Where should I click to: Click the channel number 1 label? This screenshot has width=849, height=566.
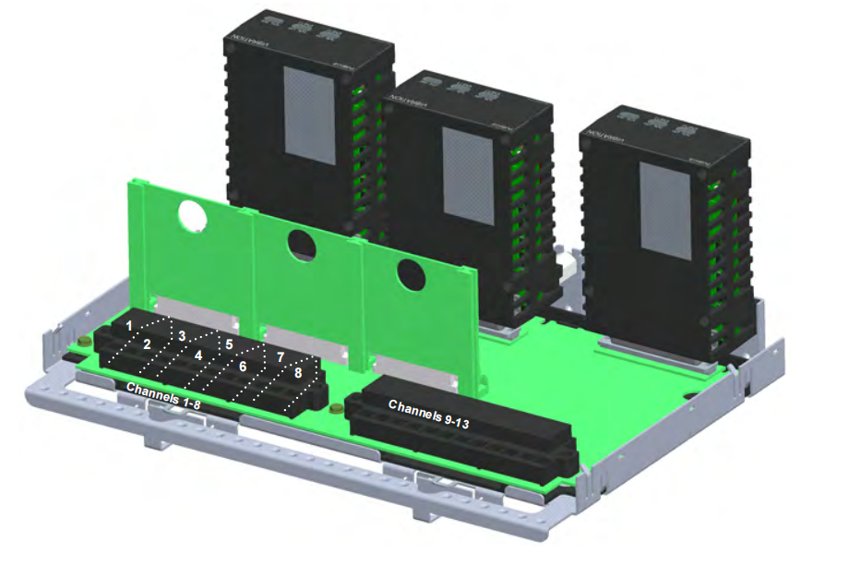(x=130, y=326)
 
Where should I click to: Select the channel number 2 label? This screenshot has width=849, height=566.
(x=147, y=344)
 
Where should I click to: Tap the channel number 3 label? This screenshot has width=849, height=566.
(x=183, y=335)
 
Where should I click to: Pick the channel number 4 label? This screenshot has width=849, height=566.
(x=197, y=355)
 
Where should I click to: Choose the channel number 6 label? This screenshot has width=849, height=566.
(x=244, y=367)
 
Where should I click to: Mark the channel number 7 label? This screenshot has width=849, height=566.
(x=281, y=356)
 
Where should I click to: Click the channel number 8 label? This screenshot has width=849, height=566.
(x=297, y=373)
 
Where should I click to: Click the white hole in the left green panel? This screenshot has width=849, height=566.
(x=193, y=215)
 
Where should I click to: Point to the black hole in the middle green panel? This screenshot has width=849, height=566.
(x=302, y=245)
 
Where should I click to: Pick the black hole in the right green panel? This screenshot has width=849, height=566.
(x=411, y=273)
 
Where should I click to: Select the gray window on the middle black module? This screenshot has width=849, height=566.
(x=468, y=175)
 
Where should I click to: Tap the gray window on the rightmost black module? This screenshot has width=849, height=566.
(x=665, y=214)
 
